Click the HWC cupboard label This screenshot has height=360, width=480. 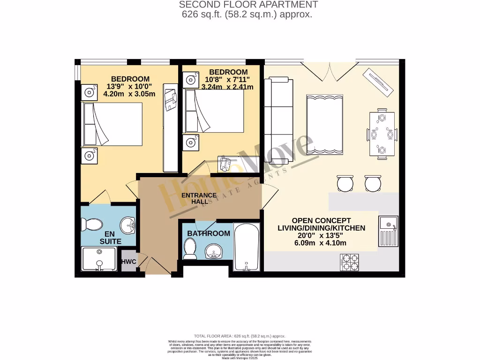pos(128,262)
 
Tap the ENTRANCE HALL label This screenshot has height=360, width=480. pos(199,198)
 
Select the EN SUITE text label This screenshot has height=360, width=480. pos(110,238)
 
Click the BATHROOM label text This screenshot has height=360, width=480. pos(209,233)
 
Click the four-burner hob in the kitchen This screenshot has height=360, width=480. pos(349,262)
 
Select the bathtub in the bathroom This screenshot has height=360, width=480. pos(247,247)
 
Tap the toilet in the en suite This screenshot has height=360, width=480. pos(92,225)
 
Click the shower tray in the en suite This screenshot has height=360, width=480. pos(99,259)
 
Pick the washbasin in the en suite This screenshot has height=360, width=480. pos(127,226)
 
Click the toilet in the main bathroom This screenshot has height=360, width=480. pos(190,248)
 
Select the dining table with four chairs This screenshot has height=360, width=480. pos(382,134)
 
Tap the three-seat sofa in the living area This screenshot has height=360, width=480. pos(278,121)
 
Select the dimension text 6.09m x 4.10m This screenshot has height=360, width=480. pos(320,243)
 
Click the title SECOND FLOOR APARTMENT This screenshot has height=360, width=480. pos(248,5)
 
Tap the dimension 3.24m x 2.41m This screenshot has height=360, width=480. pos(227,87)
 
